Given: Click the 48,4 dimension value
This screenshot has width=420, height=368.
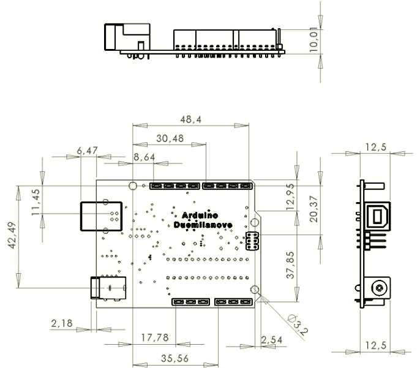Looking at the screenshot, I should coord(190,121).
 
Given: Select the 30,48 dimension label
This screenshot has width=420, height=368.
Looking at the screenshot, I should coord(170,139).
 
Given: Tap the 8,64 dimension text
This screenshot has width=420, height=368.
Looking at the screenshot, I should coord(144,157).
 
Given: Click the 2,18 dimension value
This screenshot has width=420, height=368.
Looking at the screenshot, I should coord(62,322).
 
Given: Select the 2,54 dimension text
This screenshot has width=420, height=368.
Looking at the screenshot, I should coord(272,339).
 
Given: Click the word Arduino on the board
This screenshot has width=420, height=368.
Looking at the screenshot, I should coord(199,216).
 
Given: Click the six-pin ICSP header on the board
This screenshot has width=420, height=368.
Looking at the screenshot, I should coord(251,242).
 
